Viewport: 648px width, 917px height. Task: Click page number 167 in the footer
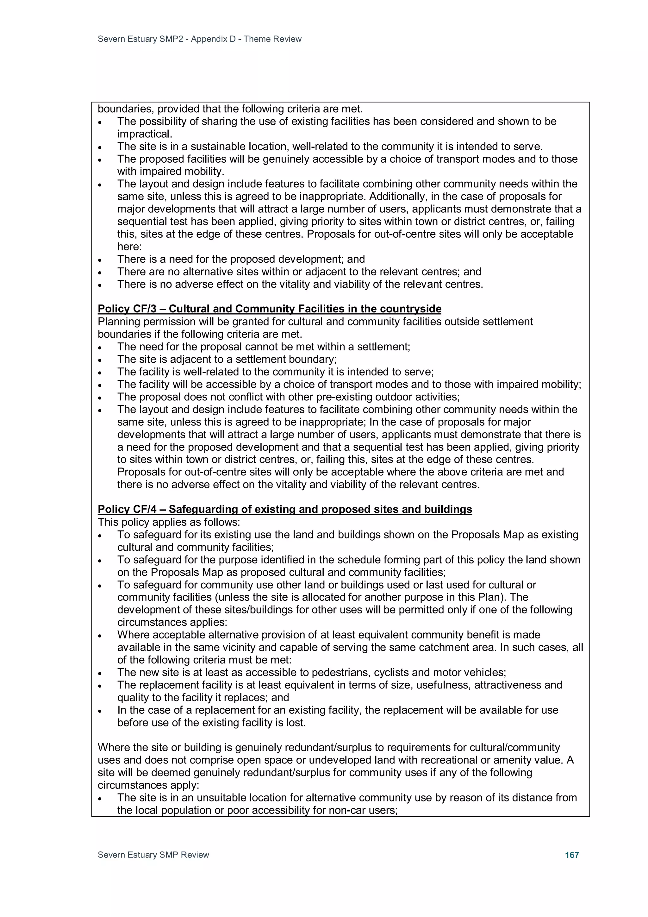[x=572, y=855]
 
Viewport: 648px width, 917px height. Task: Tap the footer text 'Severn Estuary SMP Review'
[x=153, y=855]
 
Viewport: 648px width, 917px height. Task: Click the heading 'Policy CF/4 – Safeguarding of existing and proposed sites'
[x=285, y=509]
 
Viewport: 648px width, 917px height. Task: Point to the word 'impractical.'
[x=145, y=134]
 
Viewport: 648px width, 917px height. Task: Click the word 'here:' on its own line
[x=129, y=247]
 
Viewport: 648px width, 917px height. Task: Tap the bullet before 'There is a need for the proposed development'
[x=100, y=260]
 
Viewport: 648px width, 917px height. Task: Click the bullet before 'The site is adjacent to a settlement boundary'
[x=100, y=360]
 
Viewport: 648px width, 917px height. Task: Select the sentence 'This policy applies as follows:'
[x=169, y=522]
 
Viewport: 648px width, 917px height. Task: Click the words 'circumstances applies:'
[x=172, y=622]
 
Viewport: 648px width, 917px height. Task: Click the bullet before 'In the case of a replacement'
[x=100, y=711]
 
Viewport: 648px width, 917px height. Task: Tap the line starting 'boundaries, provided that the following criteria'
[x=230, y=109]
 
